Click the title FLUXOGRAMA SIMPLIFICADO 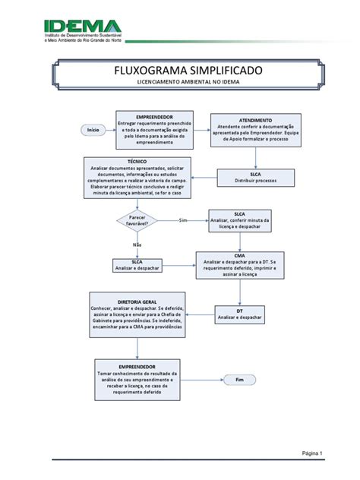(179, 71)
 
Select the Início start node (93, 131)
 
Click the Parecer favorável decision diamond (137, 220)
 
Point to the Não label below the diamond (137, 245)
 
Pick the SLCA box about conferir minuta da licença (238, 220)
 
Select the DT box (239, 314)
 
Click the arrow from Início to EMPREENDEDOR (110, 131)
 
